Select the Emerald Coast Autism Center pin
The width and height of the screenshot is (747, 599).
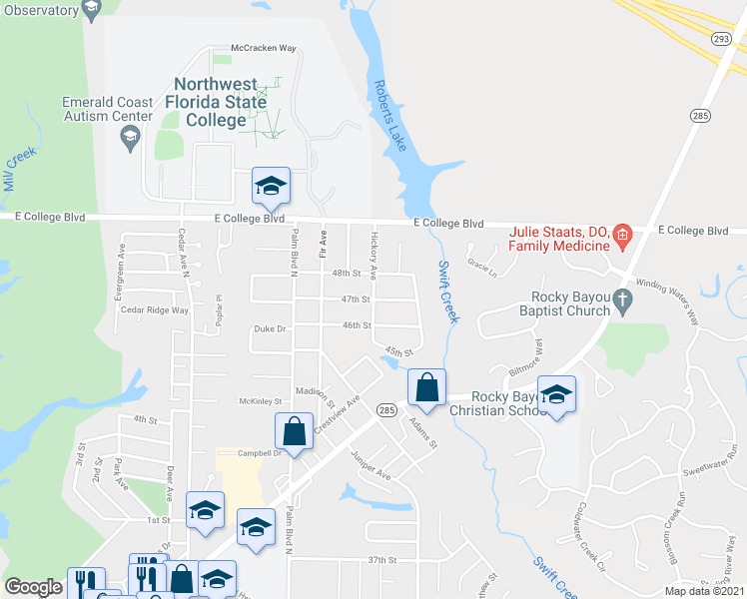[128, 141]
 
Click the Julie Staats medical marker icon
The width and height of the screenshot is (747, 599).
[622, 238]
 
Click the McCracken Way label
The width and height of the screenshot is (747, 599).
[264, 47]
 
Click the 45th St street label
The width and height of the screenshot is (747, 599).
[398, 351]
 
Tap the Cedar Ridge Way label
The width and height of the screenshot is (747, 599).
[154, 310]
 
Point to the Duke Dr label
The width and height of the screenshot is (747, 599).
[270, 328]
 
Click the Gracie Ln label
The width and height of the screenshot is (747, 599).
[481, 269]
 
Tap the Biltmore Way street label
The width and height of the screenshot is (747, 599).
[538, 360]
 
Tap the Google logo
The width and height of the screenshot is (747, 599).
[33, 587]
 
